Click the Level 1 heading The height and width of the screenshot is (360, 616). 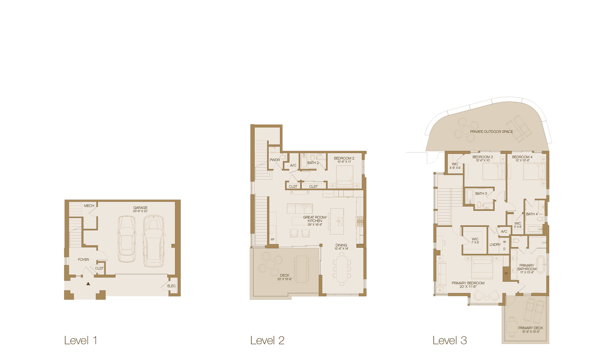click(81, 340)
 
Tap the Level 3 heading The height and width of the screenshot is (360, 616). click(449, 340)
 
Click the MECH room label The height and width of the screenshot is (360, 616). click(89, 206)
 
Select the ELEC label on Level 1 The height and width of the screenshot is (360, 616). click(172, 286)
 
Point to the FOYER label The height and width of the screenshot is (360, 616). click(83, 259)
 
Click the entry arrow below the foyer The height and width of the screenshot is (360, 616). click(88, 284)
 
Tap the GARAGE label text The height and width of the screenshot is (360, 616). click(140, 208)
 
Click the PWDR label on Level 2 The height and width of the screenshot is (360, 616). click(275, 160)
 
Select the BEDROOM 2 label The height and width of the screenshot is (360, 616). click(344, 158)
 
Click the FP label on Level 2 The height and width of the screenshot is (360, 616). click(272, 240)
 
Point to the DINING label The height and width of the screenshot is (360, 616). click(341, 245)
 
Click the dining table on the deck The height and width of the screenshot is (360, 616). click(302, 269)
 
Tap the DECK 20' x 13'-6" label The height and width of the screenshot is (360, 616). click(285, 276)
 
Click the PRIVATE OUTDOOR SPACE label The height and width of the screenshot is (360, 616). click(491, 132)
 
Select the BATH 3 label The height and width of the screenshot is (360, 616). click(481, 194)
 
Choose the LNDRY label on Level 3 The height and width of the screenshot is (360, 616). click(495, 245)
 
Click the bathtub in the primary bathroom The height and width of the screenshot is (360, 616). click(541, 264)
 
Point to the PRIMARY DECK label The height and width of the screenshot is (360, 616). click(531, 328)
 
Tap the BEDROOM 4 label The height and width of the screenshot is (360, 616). click(522, 157)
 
